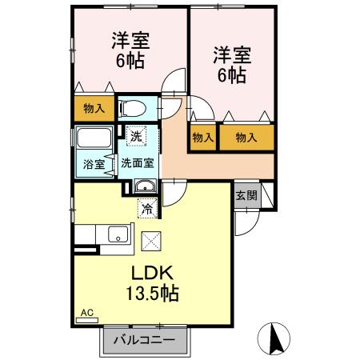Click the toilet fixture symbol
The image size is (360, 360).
point(134,107)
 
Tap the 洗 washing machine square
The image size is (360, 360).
point(137,135)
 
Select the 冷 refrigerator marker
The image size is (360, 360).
point(147,210)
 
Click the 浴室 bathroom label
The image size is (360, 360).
point(94,165)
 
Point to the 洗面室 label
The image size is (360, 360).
point(138,164)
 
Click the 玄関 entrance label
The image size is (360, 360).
point(246,195)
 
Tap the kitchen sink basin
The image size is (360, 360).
point(118,235)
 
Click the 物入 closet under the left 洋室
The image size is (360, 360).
point(94,107)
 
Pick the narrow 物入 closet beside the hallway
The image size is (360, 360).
point(202,138)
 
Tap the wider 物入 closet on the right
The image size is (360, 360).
point(246,138)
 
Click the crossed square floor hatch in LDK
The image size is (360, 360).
point(151,240)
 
